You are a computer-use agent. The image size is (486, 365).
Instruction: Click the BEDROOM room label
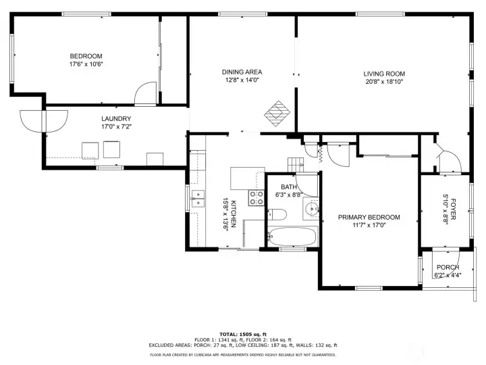[86, 56]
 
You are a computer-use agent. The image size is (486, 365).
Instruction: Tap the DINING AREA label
[242, 72]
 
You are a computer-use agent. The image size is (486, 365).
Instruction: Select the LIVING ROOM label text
[384, 74]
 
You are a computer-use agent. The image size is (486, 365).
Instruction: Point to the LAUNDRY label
[116, 118]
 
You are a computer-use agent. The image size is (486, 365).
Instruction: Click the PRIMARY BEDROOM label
[369, 217]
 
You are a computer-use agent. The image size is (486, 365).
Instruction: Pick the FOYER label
[453, 209]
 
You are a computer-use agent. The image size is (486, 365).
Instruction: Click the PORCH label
[448, 267]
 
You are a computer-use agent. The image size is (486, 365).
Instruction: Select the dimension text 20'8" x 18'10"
[384, 82]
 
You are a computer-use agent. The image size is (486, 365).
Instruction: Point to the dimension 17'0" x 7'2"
[116, 126]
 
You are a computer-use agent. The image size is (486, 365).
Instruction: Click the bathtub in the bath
[293, 237]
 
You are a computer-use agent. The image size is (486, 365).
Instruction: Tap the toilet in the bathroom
[277, 214]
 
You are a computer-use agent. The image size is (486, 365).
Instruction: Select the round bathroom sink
[311, 208]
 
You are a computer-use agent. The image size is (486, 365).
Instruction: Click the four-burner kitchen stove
[256, 198]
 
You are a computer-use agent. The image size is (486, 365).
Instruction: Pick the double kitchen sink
[198, 199]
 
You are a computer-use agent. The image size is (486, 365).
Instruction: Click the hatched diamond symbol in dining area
[277, 114]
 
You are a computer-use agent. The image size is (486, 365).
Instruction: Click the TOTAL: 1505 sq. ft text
[243, 335]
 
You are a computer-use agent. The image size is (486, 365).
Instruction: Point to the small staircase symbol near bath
[296, 164]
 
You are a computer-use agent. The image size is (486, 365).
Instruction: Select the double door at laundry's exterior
[44, 121]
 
